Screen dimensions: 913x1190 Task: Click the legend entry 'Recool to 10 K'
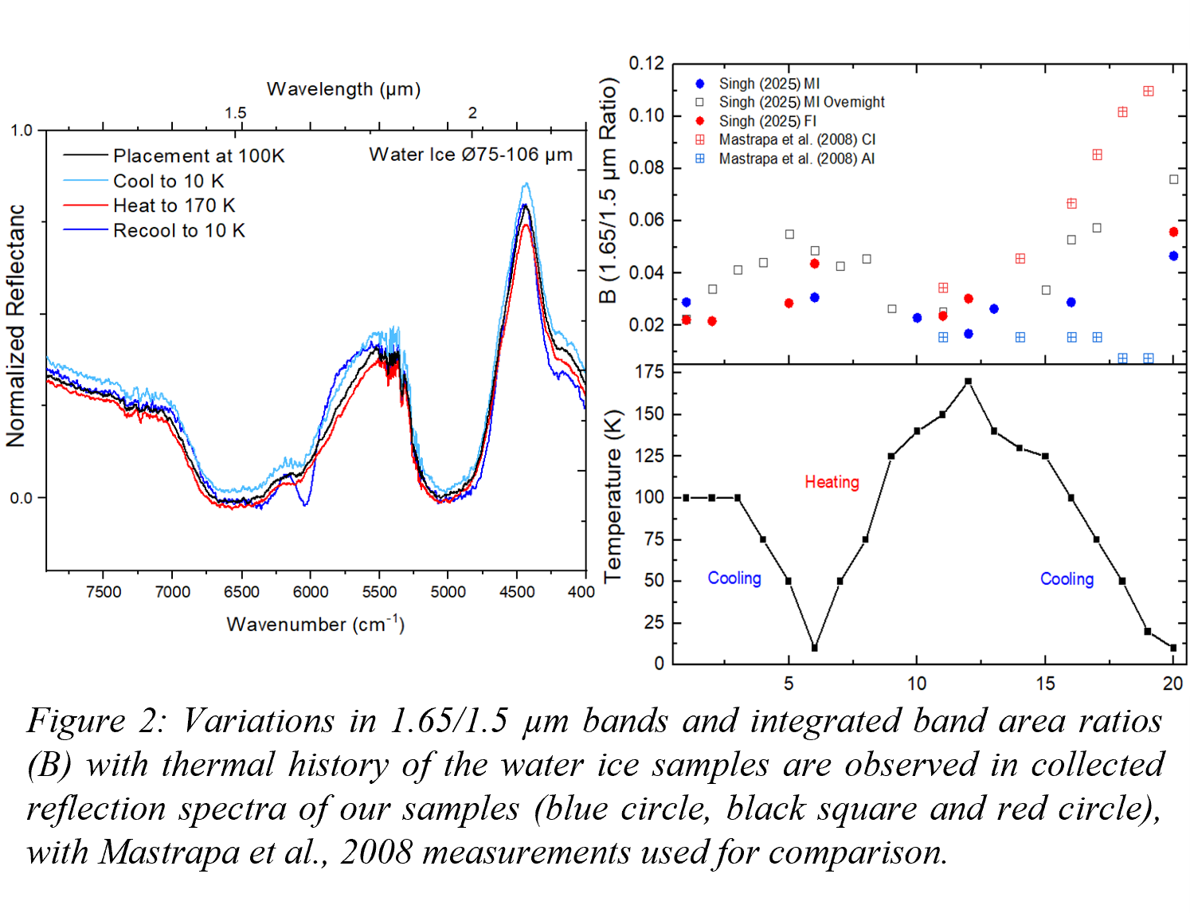(x=178, y=231)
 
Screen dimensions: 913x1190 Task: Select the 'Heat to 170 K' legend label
(x=174, y=206)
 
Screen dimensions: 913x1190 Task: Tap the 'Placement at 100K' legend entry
(x=198, y=156)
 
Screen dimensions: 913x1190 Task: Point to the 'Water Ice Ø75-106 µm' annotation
(x=470, y=155)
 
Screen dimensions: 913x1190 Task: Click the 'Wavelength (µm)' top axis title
(x=343, y=88)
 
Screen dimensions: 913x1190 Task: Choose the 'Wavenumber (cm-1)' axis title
(x=315, y=624)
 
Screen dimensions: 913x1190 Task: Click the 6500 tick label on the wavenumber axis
(x=241, y=592)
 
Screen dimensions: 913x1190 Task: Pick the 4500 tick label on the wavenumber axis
(x=517, y=592)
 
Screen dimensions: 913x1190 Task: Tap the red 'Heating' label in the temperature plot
(x=832, y=482)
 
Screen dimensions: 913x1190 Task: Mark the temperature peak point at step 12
(x=968, y=382)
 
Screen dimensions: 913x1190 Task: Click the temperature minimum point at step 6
(x=814, y=648)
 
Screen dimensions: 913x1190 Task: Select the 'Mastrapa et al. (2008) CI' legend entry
(x=797, y=140)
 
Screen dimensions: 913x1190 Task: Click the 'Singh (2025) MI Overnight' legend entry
(x=801, y=103)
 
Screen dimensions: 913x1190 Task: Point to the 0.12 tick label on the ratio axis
(x=646, y=64)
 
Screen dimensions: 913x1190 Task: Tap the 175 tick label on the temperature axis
(x=649, y=372)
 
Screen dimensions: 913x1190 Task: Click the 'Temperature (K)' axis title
(x=612, y=496)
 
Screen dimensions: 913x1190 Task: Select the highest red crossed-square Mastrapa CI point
(x=1148, y=92)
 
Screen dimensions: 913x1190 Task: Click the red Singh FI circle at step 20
(x=1173, y=233)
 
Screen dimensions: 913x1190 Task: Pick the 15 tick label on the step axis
(x=1045, y=684)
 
